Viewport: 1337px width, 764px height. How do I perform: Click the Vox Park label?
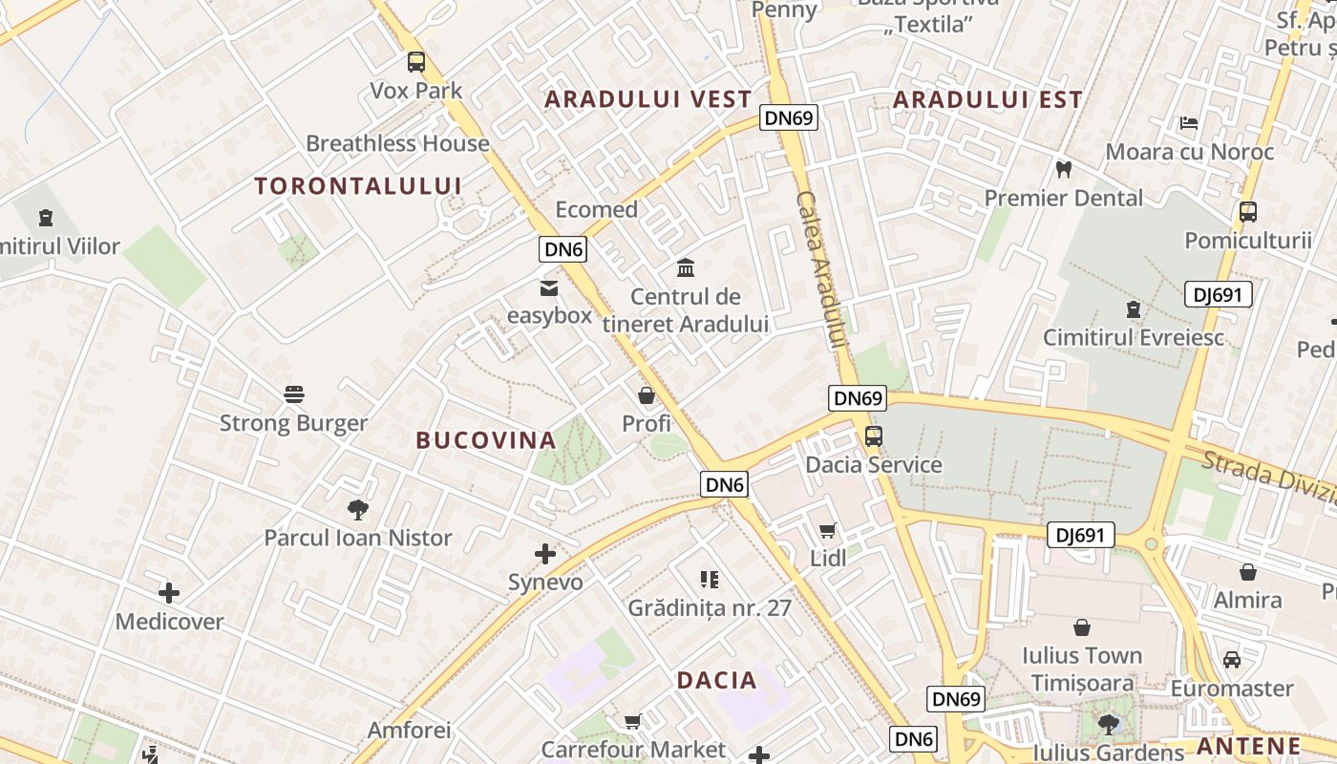(x=416, y=91)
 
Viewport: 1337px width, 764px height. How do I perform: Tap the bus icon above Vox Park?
(x=416, y=62)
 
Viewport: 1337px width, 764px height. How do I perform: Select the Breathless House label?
(x=397, y=143)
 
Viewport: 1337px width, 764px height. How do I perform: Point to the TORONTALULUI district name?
(x=358, y=186)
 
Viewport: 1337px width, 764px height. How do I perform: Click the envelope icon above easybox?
(x=549, y=287)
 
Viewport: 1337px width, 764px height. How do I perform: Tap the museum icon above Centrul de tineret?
(x=685, y=267)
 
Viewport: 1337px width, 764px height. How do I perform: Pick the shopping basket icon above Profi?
(x=647, y=395)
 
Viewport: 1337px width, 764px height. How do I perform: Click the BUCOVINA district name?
(x=486, y=440)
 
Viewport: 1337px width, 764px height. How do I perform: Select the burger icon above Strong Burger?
(x=294, y=394)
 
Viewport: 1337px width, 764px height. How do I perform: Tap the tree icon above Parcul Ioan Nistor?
(x=358, y=510)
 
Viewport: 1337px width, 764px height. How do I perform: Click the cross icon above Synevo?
(x=545, y=554)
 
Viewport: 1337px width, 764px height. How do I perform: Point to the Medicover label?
(x=169, y=622)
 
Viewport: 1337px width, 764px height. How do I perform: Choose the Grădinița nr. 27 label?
(x=710, y=607)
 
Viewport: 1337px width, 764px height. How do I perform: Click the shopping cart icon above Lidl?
(x=828, y=531)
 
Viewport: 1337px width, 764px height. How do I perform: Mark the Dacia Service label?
(x=874, y=465)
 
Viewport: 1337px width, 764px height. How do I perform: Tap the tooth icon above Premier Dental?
(x=1063, y=170)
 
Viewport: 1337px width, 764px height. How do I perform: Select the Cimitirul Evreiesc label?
(x=1134, y=337)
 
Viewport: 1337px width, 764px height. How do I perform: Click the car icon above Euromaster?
(x=1232, y=660)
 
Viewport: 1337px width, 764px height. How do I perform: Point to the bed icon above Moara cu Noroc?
(x=1189, y=123)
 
